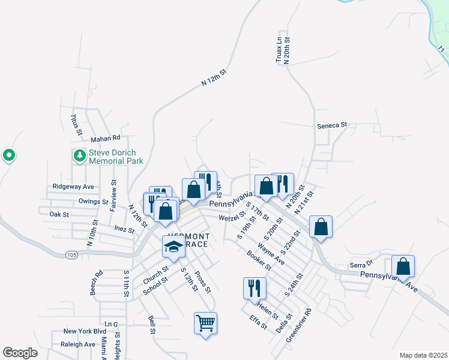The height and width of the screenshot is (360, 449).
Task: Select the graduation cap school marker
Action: point(173,247)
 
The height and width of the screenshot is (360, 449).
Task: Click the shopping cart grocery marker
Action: point(205,323)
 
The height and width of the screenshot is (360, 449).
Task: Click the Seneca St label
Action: point(332,125)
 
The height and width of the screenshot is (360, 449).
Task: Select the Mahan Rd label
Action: point(106,139)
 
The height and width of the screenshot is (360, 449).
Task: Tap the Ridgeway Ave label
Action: point(73,187)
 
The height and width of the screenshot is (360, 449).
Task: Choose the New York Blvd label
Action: point(85,331)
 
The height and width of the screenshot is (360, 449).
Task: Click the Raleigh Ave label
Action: point(77,344)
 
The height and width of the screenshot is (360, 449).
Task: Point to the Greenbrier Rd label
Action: point(299,325)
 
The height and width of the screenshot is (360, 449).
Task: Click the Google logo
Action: point(20,353)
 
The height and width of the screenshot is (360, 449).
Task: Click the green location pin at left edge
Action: point(9,156)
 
